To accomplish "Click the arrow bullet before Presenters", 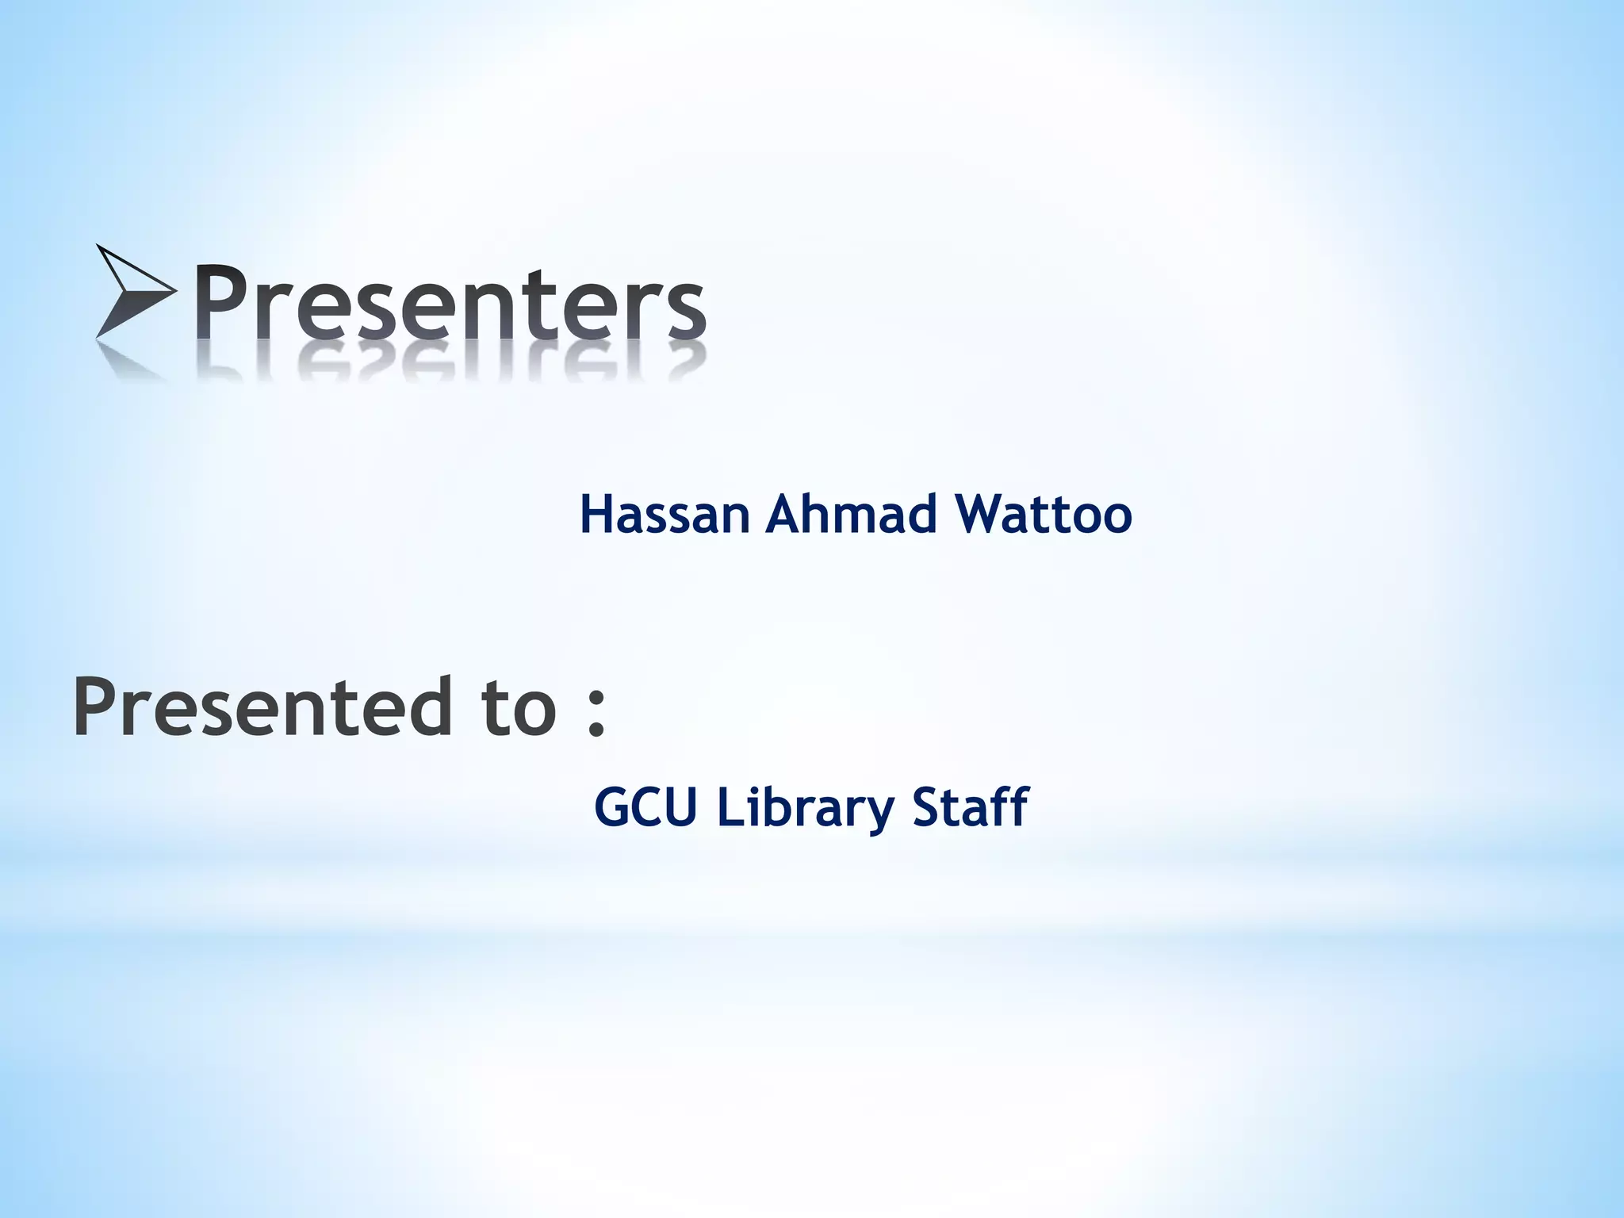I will (135, 291).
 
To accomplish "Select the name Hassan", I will (665, 514).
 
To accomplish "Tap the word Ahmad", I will (852, 514).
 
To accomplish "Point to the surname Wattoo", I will (1044, 514).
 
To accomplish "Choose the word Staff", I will (970, 807).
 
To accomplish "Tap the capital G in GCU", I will (611, 807).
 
